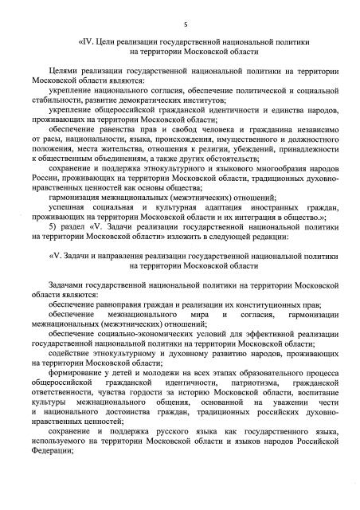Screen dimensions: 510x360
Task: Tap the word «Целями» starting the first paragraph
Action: (68, 73)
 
